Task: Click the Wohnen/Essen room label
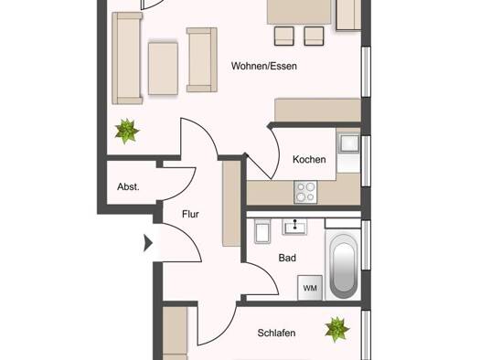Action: pyautogui.click(x=264, y=66)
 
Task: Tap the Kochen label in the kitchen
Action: pyautogui.click(x=309, y=159)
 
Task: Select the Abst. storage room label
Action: pyautogui.click(x=128, y=186)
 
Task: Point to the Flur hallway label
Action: pyautogui.click(x=190, y=214)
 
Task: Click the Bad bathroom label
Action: pyautogui.click(x=287, y=258)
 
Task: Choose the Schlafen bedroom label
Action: pyautogui.click(x=276, y=333)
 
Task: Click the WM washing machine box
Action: pyautogui.click(x=310, y=288)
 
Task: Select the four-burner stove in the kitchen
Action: pyautogui.click(x=305, y=192)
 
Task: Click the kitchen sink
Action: pyautogui.click(x=350, y=143)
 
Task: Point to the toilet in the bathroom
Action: pyautogui.click(x=262, y=232)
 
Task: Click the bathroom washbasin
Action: pyautogui.click(x=294, y=227)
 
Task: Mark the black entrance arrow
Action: pyautogui.click(x=148, y=243)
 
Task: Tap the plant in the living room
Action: pyautogui.click(x=127, y=131)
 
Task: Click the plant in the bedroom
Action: pyautogui.click(x=336, y=330)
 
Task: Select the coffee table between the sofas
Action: pyautogui.click(x=163, y=69)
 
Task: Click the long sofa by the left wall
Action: pyautogui.click(x=127, y=58)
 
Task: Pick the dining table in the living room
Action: pyautogui.click(x=299, y=12)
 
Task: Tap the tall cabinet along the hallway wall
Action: pyautogui.click(x=231, y=204)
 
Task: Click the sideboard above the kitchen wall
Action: pyautogui.click(x=318, y=111)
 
